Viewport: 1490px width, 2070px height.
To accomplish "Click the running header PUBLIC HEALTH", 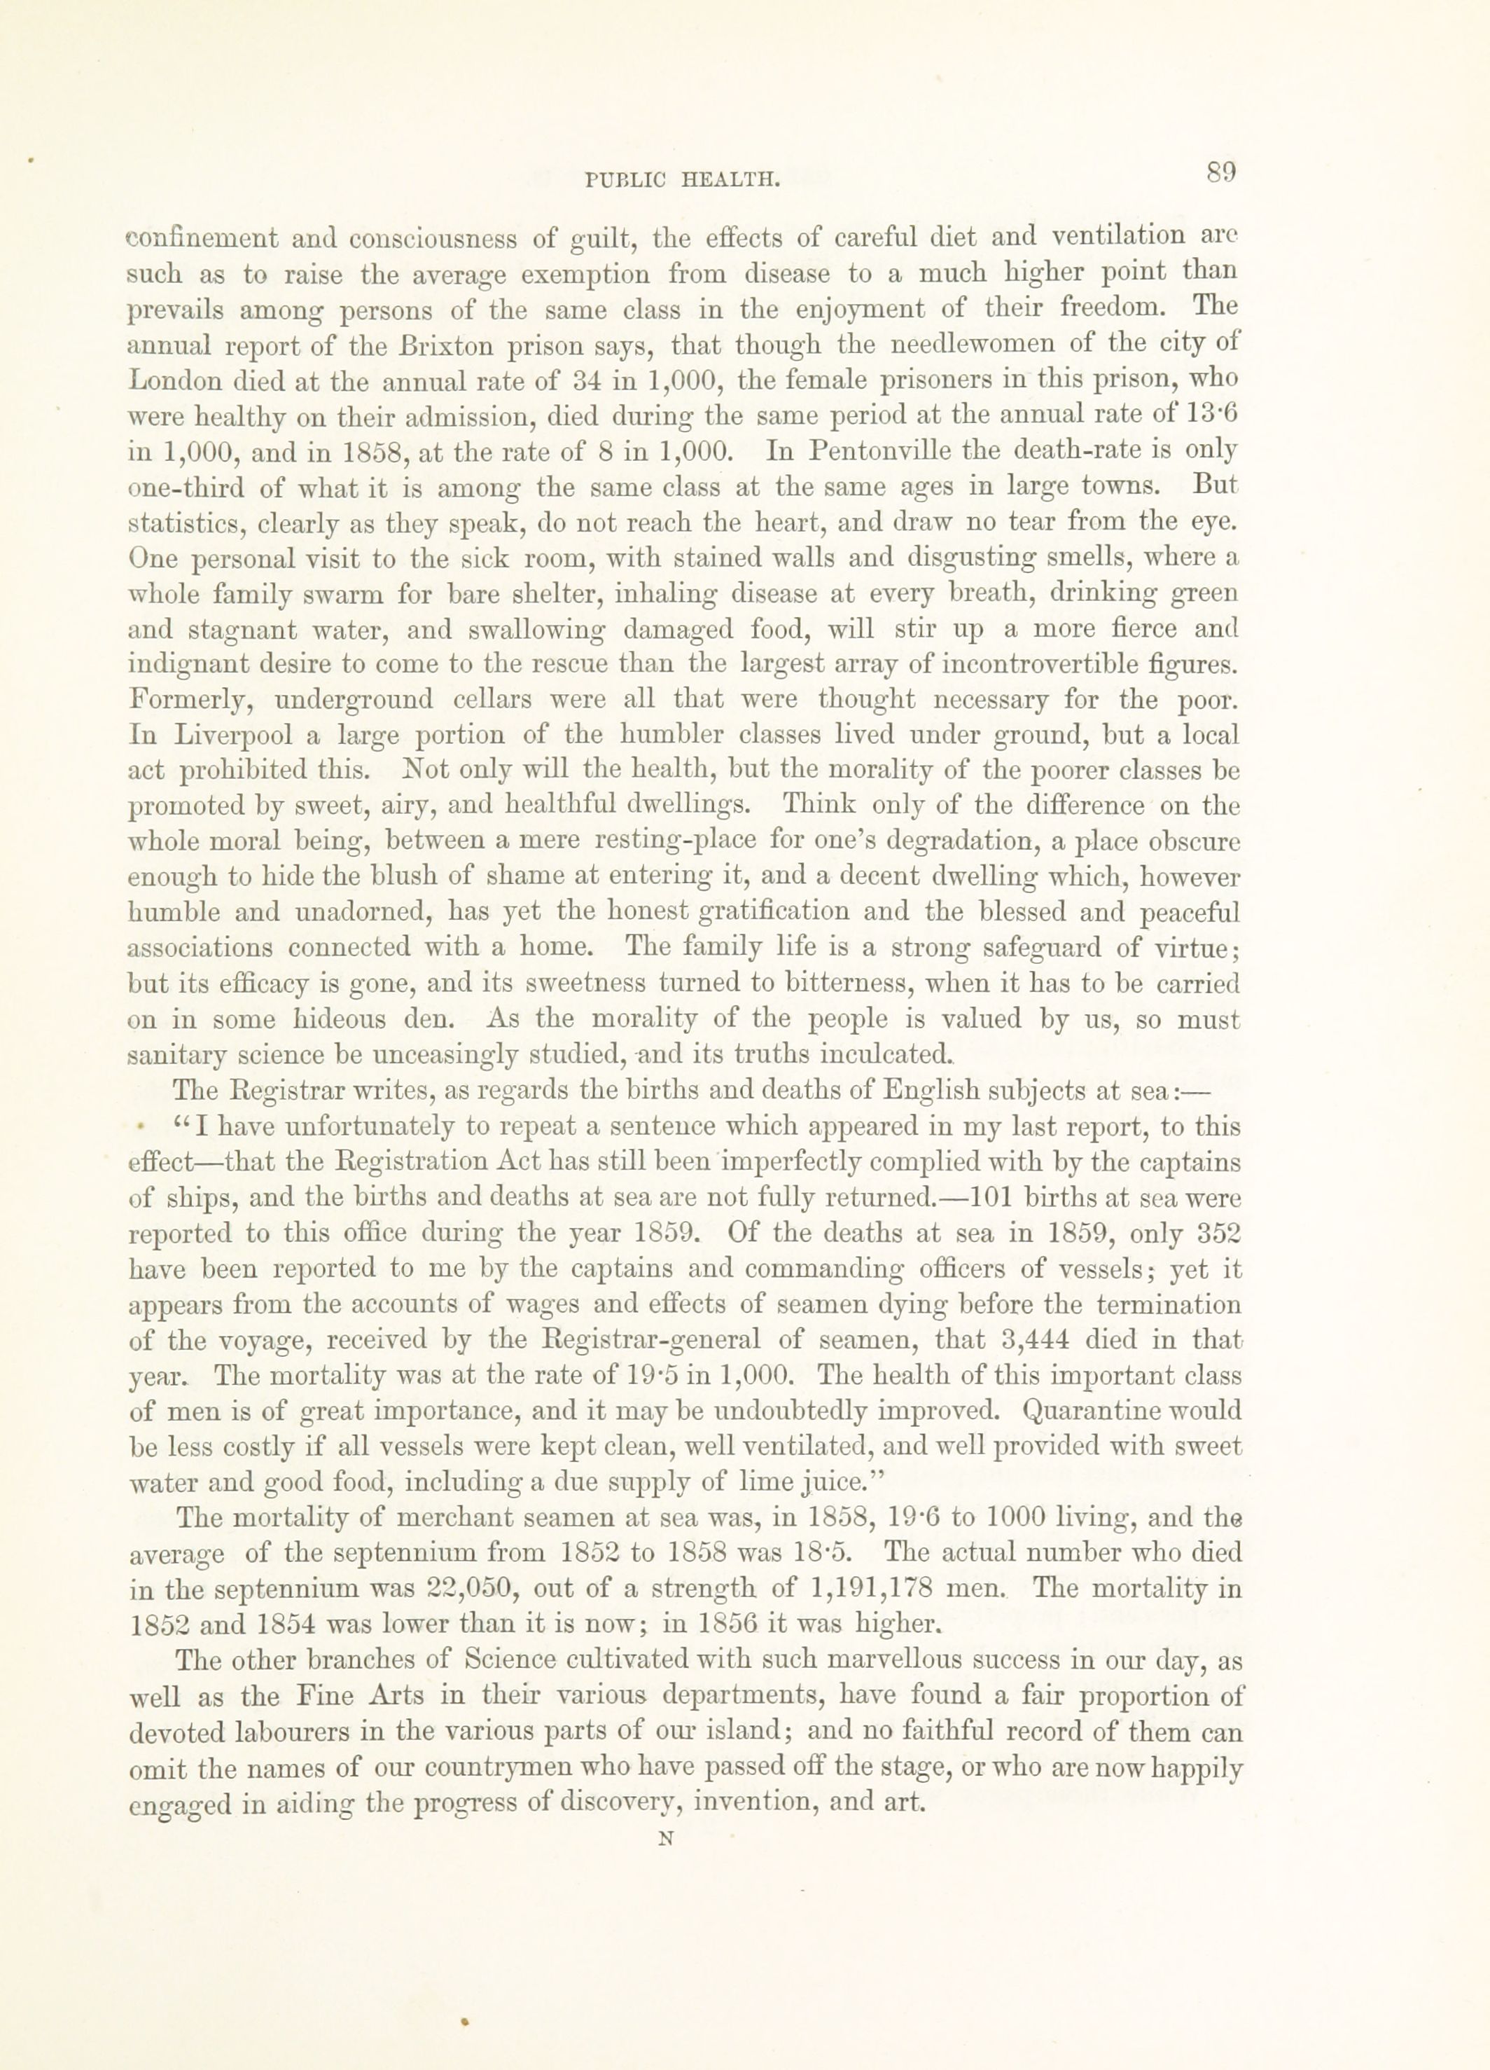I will pyautogui.click(x=683, y=181).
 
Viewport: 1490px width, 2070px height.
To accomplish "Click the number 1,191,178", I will pyautogui.click(x=870, y=1589).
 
